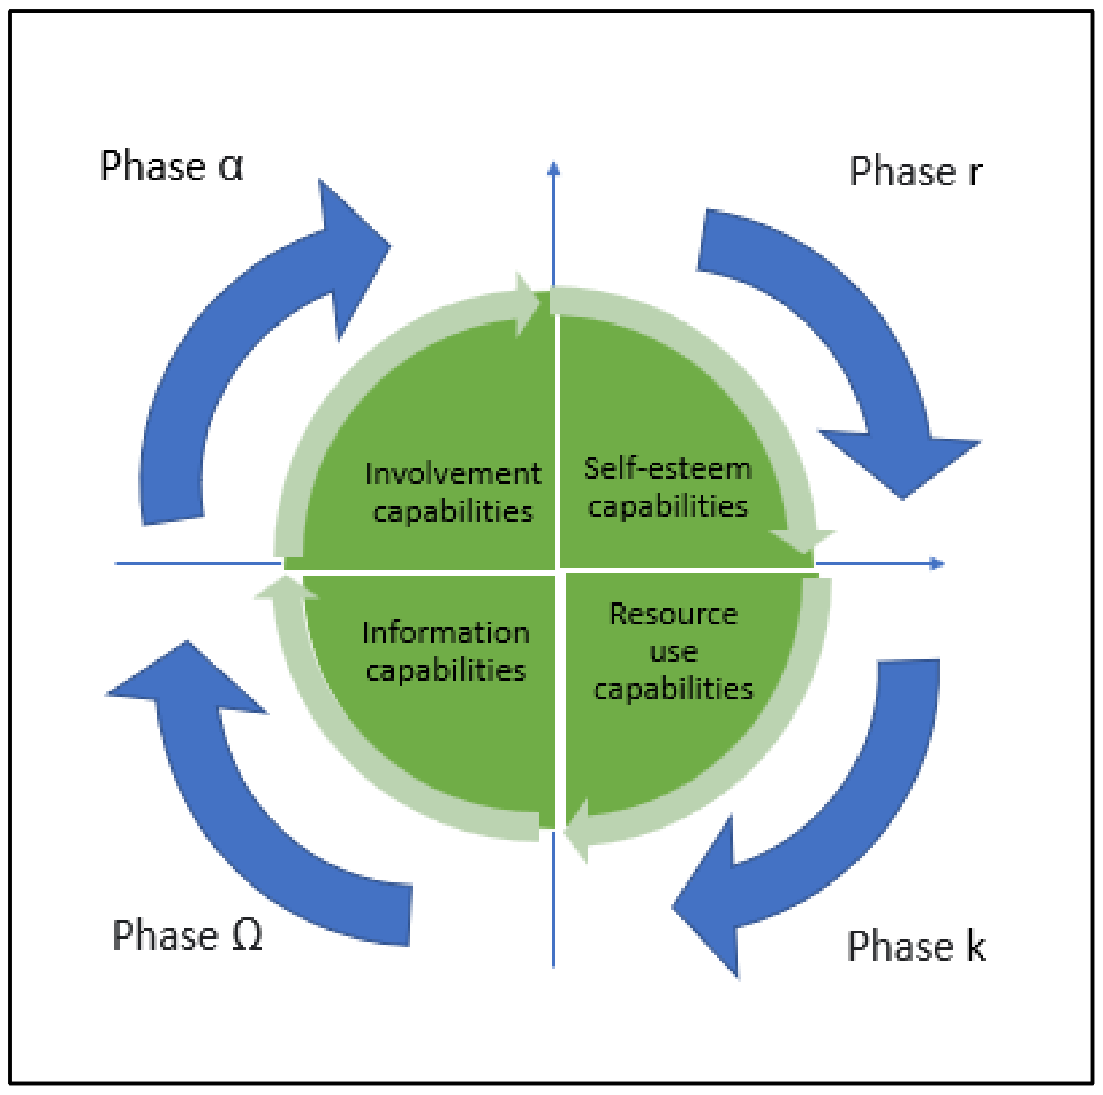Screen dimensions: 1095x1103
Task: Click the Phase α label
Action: (x=172, y=166)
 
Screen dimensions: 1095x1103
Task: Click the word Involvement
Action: (x=453, y=474)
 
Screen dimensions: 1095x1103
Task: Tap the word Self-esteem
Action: (x=668, y=468)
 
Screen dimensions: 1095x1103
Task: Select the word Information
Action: (x=445, y=632)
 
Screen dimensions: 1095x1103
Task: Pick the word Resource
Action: (x=674, y=614)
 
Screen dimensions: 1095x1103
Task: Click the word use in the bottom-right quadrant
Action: (x=674, y=652)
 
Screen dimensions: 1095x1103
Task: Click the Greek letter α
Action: (x=231, y=166)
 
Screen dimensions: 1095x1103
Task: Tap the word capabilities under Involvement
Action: (x=453, y=511)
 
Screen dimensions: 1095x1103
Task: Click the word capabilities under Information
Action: (x=445, y=670)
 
